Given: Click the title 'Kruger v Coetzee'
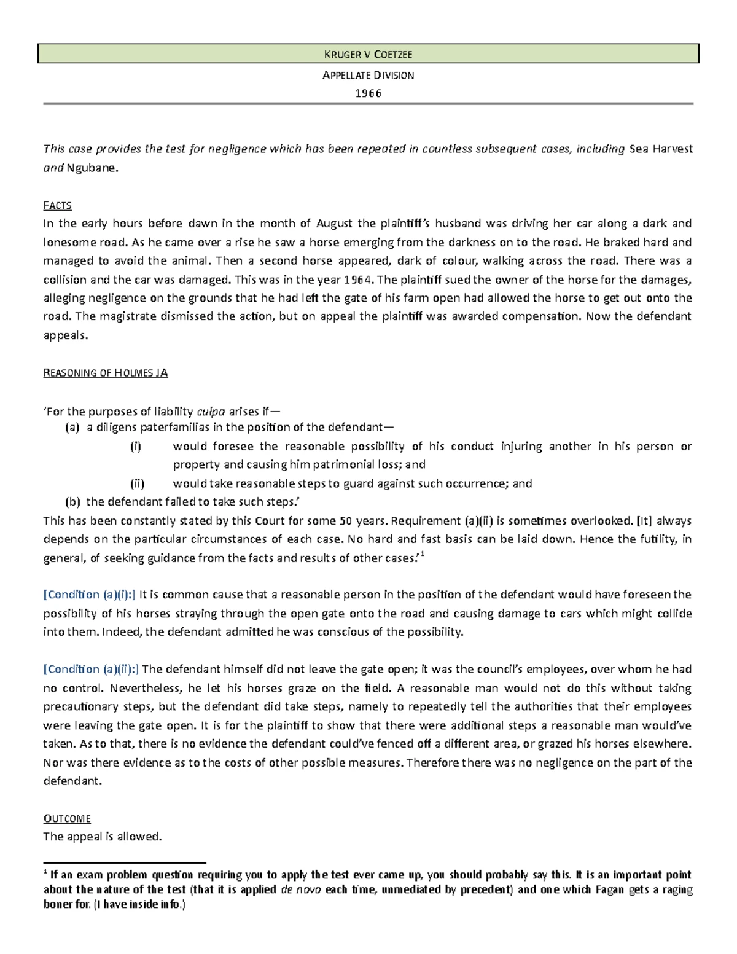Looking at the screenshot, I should pyautogui.click(x=368, y=54).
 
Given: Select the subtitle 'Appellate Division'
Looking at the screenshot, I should pyautogui.click(x=368, y=75).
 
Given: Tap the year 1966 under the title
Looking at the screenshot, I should pyautogui.click(x=368, y=93).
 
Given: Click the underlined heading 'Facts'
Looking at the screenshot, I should pyautogui.click(x=57, y=205).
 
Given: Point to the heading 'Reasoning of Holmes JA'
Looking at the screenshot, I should pyautogui.click(x=105, y=372).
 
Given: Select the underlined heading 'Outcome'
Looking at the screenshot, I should pyautogui.click(x=67, y=818).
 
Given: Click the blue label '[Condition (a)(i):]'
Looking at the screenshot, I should pyautogui.click(x=90, y=595).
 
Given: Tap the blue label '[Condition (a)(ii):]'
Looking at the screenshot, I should pyautogui.click(x=91, y=669).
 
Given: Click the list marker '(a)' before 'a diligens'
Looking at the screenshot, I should pyautogui.click(x=72, y=428).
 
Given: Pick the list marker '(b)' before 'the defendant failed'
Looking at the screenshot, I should pyautogui.click(x=72, y=502).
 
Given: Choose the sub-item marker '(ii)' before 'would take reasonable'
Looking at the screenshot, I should pyautogui.click(x=137, y=483).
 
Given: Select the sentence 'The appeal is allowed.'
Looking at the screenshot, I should pyautogui.click(x=102, y=837).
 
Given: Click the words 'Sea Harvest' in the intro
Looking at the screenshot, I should pyautogui.click(x=661, y=149).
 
